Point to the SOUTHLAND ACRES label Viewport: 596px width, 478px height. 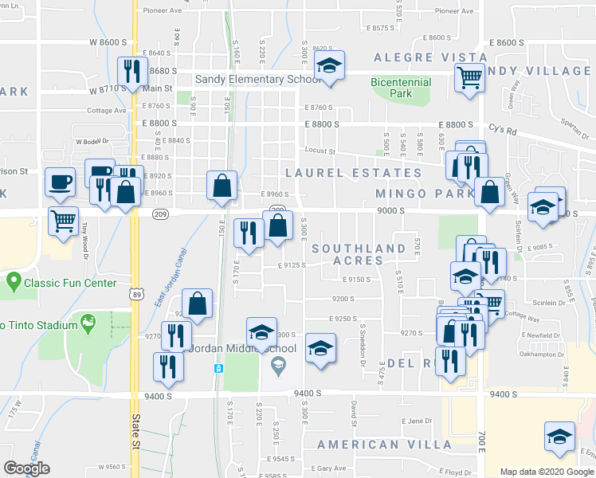359,255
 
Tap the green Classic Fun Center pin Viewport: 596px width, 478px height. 13,281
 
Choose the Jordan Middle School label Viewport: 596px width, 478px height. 241,349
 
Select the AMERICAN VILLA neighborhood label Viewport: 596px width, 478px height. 384,445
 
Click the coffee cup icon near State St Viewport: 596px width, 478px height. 61,182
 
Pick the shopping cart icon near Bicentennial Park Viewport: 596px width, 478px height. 470,78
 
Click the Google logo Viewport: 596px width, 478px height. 26,468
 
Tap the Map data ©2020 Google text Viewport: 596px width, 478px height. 546,472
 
